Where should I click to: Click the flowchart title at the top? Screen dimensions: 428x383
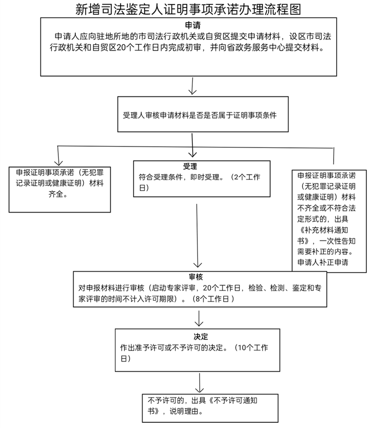point(191,9)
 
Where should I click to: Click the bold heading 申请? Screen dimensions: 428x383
point(193,25)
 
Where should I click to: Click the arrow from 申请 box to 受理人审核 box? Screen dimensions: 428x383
point(192,87)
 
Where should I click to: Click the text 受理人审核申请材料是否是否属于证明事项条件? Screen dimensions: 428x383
point(200,115)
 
